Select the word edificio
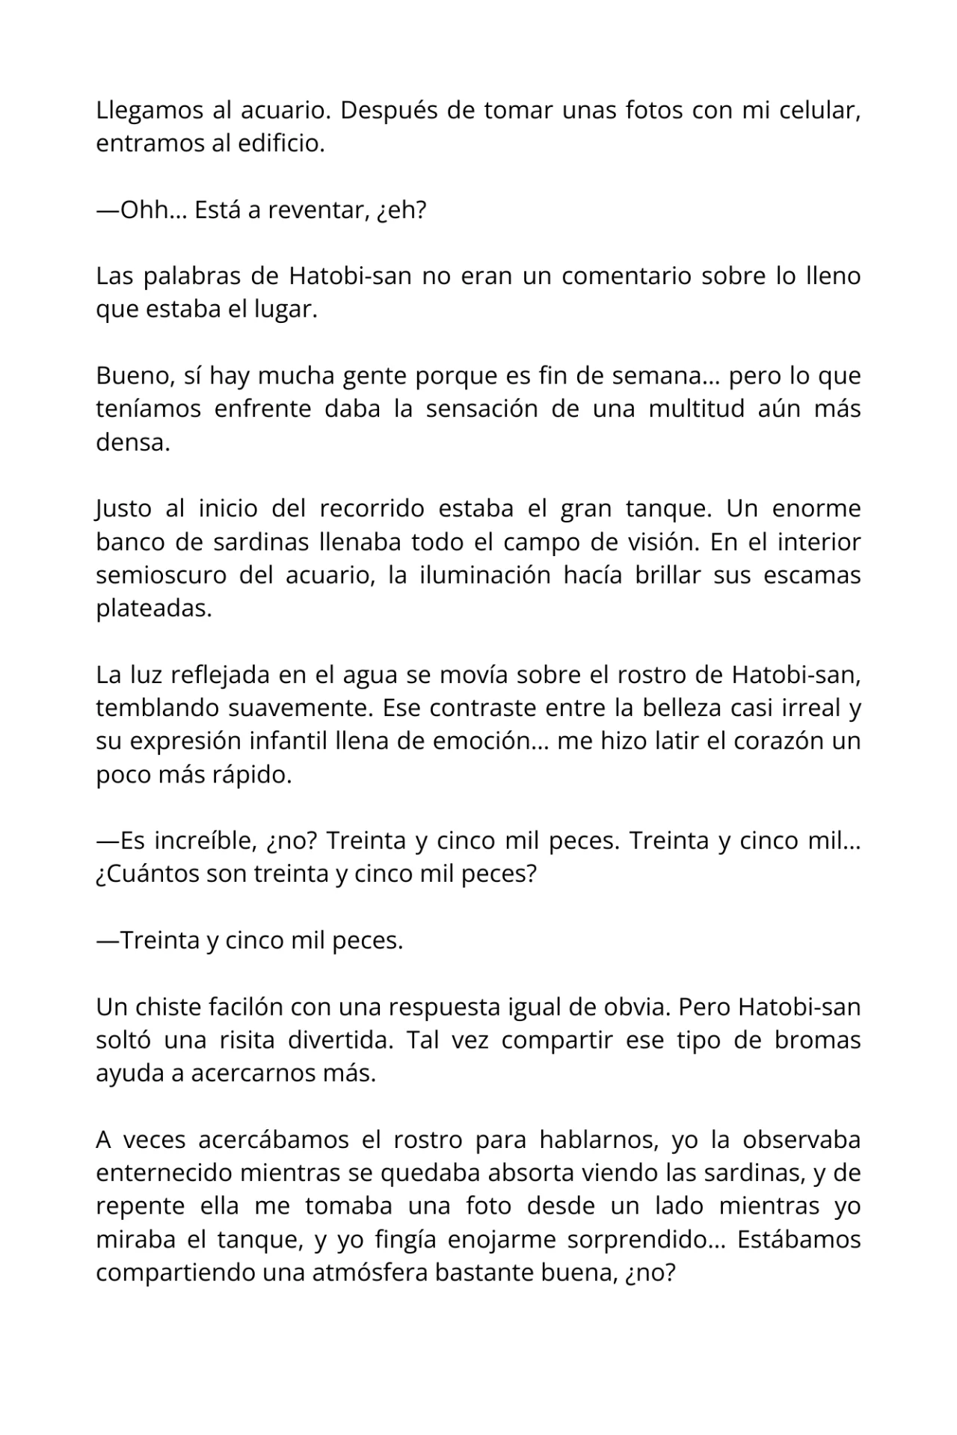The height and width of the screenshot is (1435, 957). coord(280,143)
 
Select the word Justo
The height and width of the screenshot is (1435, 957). coord(123,509)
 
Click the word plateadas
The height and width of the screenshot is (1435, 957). coord(154,608)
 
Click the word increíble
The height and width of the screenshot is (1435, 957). coord(203,841)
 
